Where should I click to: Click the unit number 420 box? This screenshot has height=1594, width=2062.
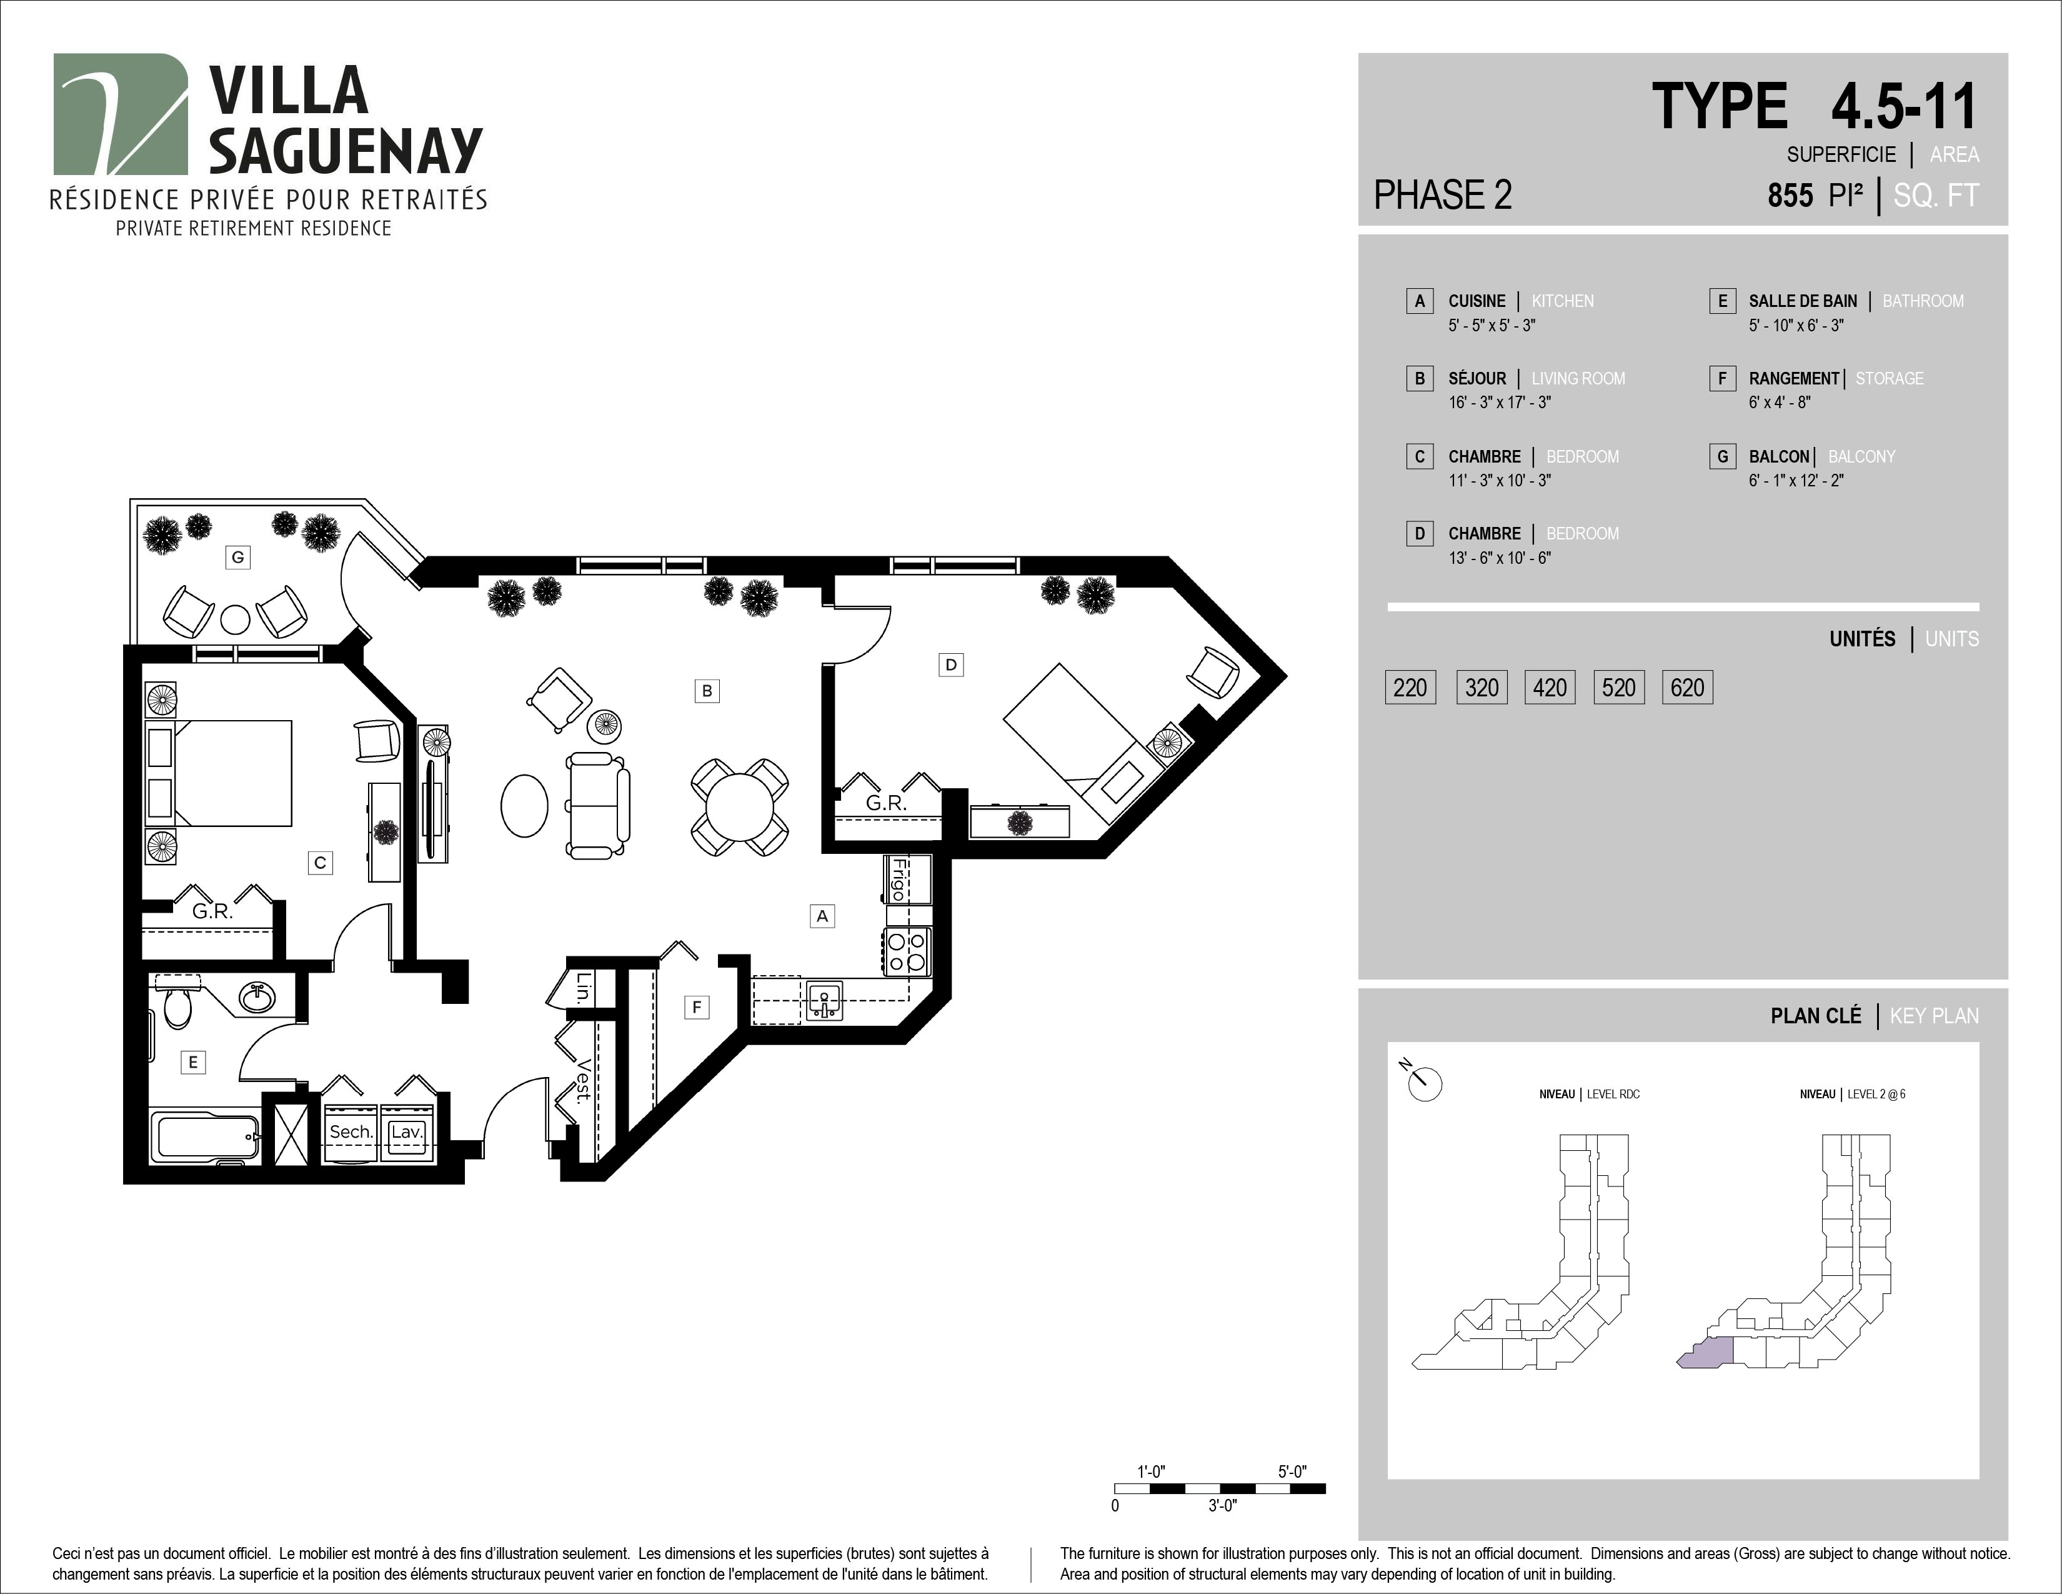coord(1550,688)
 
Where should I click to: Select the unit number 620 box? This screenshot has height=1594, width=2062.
coord(1687,688)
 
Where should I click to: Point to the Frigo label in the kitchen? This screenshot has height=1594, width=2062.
coord(898,878)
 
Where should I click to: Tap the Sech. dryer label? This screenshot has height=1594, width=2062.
coord(351,1131)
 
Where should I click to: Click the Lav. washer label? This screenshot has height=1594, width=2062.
coord(406,1131)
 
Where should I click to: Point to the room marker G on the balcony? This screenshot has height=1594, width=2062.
coord(238,557)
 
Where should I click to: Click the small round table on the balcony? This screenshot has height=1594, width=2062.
coord(235,619)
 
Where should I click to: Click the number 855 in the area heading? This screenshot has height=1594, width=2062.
coord(1790,196)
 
